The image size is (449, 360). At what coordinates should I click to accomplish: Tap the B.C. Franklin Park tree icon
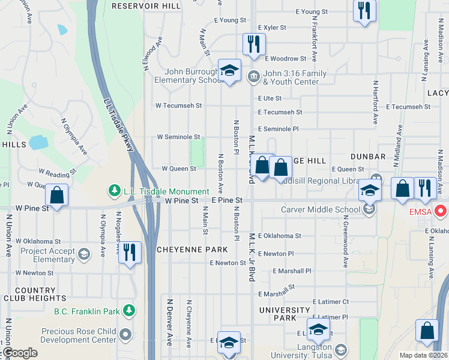(128, 310)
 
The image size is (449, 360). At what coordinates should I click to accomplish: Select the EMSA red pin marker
(441, 211)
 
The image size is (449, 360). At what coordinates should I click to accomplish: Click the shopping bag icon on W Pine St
(56, 195)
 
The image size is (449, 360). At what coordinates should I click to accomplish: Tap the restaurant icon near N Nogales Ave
(129, 252)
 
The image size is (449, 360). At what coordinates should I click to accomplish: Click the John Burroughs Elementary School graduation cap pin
(229, 71)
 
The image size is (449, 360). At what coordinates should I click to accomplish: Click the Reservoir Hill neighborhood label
(146, 5)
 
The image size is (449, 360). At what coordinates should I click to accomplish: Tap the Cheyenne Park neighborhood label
(192, 250)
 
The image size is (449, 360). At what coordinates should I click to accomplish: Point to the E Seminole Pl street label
(278, 129)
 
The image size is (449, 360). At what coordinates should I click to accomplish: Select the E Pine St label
(227, 200)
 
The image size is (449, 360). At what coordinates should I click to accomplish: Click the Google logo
(20, 353)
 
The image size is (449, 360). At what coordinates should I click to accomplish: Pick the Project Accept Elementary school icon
(83, 254)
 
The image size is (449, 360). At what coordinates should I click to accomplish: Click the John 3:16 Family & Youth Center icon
(253, 76)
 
